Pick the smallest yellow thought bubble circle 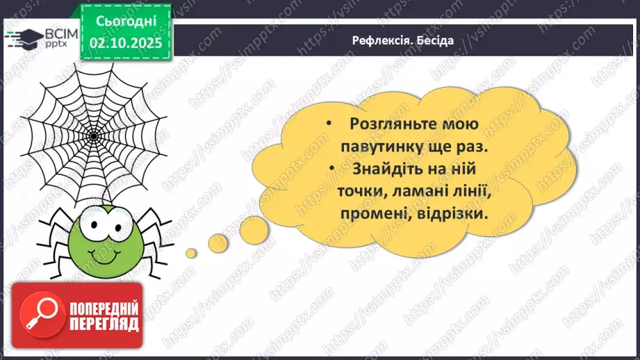[x=191, y=251]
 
